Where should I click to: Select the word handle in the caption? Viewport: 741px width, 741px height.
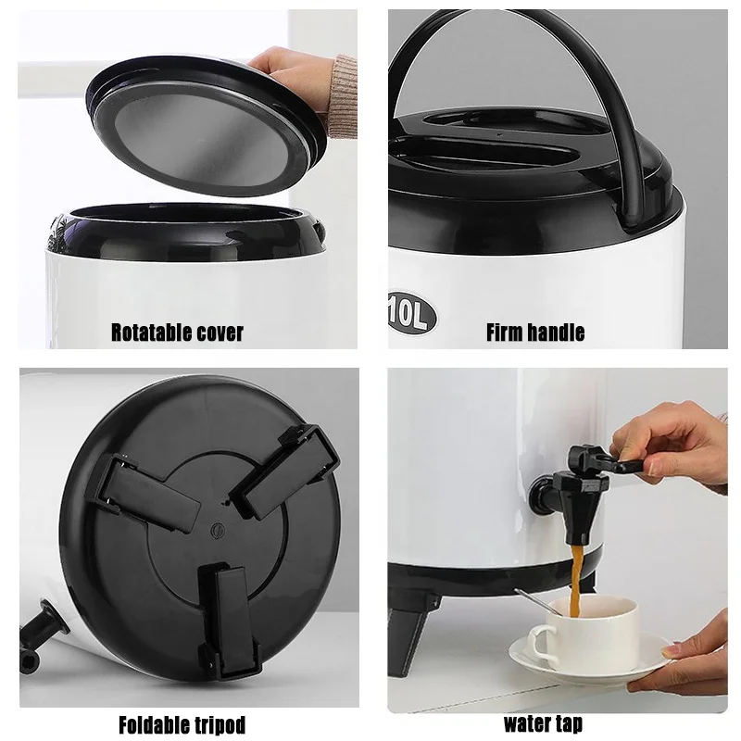click(558, 332)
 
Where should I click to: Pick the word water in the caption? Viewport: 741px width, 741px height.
click(528, 722)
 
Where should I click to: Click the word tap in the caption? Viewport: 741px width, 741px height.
click(570, 723)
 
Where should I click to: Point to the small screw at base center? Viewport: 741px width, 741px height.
click(216, 531)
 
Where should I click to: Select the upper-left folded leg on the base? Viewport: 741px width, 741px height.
click(148, 486)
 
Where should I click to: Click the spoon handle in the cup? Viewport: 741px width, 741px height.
click(533, 600)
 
